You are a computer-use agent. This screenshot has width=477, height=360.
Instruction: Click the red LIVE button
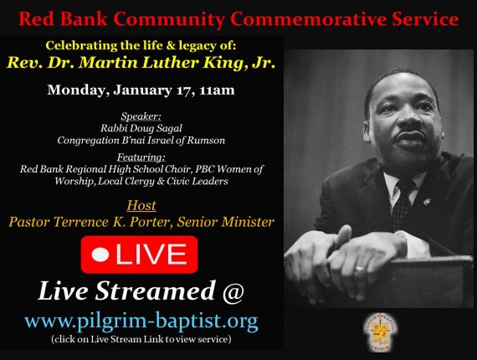(139, 255)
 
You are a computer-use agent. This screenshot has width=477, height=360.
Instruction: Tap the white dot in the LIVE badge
(100, 255)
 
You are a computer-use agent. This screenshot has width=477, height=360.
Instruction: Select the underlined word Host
(141, 205)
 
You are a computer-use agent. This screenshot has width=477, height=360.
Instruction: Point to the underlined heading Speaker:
(141, 116)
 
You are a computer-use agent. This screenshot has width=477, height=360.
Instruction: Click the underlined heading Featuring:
(141, 157)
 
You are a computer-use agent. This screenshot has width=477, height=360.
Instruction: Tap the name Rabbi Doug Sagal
(141, 128)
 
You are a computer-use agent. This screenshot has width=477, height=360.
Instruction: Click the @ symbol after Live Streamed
(233, 291)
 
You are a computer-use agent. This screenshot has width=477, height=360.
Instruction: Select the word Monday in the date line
(78, 90)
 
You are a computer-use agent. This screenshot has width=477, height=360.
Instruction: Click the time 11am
(218, 90)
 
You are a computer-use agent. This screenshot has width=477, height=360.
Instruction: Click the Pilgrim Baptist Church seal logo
(380, 332)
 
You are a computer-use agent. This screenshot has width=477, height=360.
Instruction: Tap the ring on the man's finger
(359, 269)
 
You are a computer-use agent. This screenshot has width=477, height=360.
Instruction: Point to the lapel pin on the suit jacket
(427, 201)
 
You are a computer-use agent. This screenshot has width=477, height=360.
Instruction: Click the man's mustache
(410, 135)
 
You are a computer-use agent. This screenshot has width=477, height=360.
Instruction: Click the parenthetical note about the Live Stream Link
(141, 339)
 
